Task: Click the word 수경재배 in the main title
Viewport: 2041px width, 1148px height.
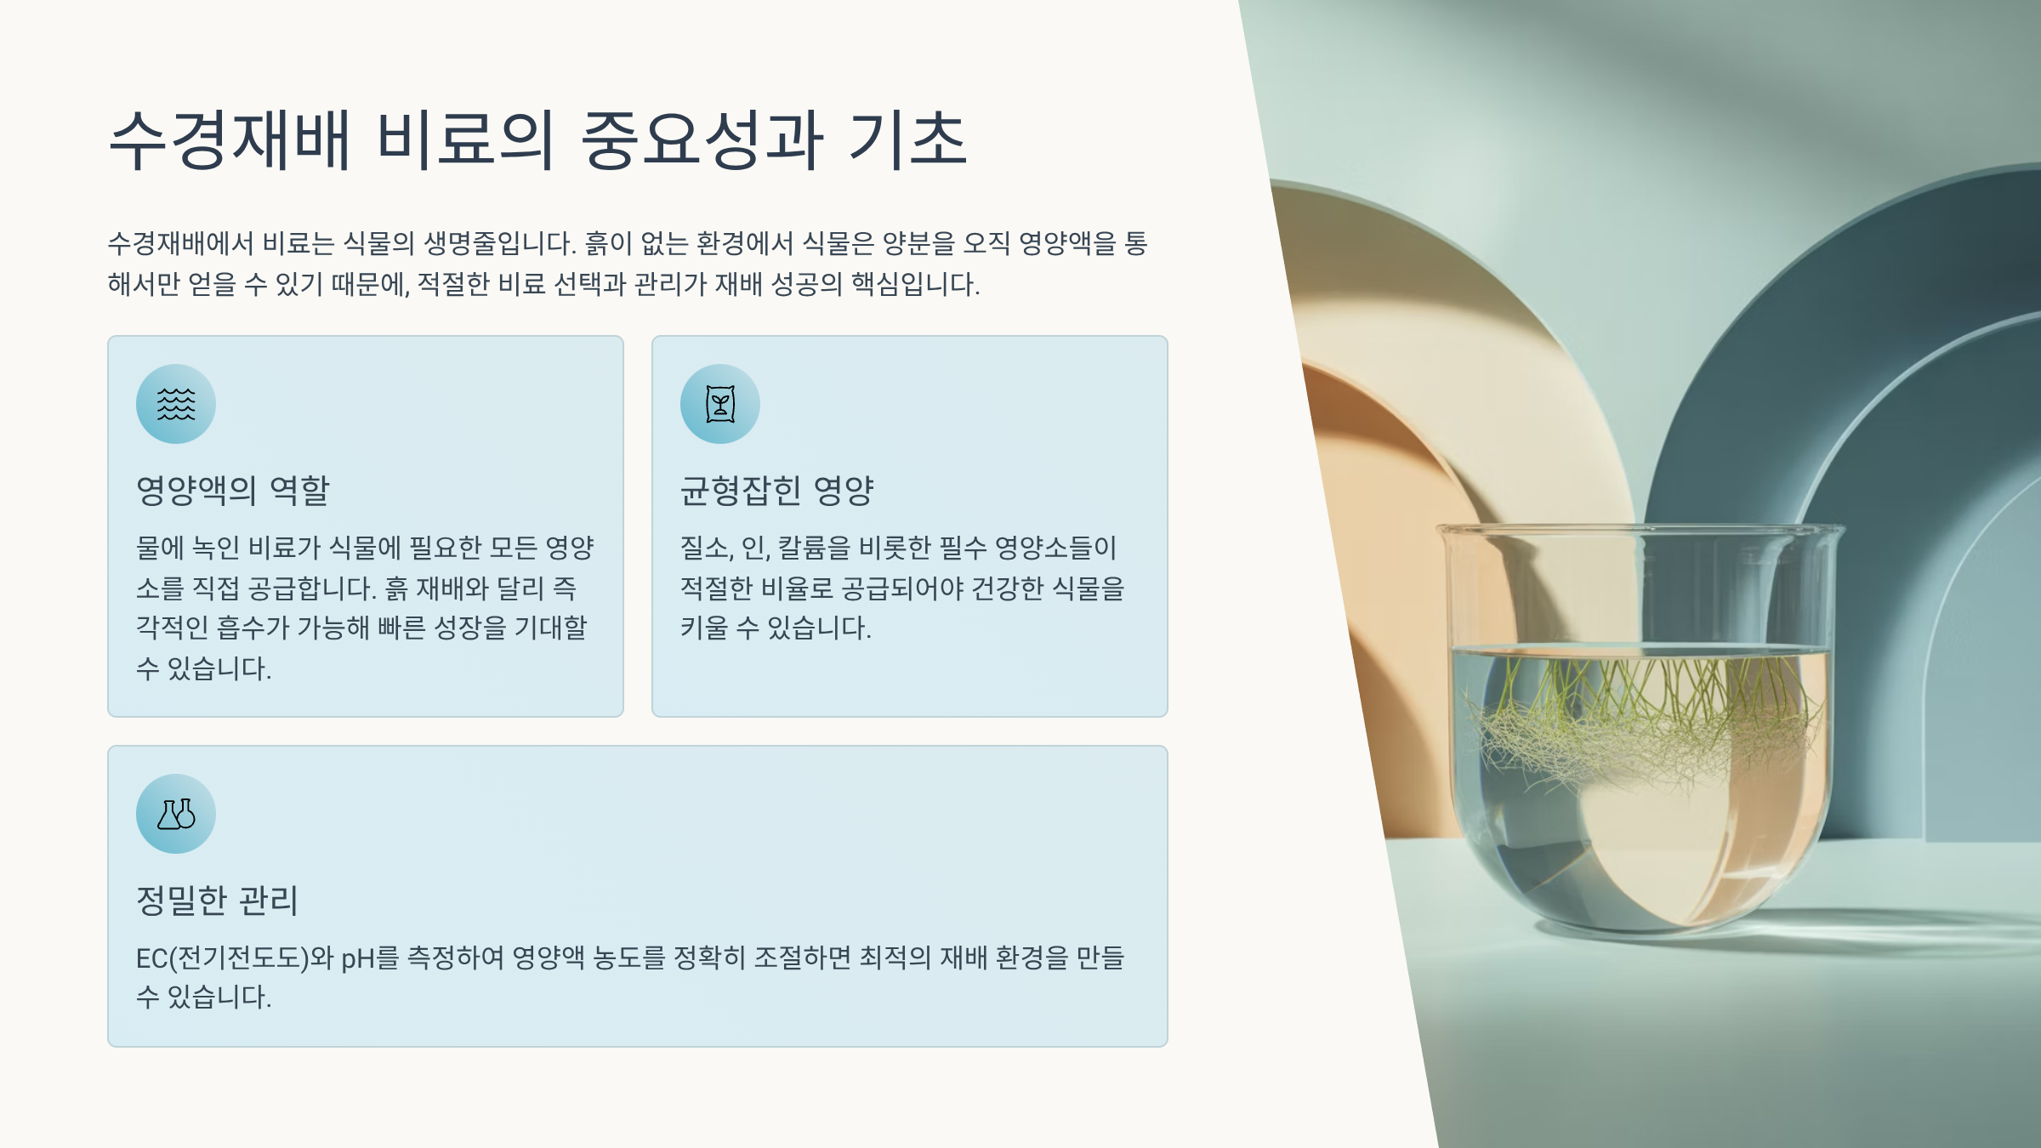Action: coord(230,139)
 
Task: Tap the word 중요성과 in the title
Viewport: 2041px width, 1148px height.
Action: coord(702,139)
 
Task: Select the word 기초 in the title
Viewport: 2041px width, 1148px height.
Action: coord(908,139)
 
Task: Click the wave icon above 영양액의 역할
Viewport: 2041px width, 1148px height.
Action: coord(176,404)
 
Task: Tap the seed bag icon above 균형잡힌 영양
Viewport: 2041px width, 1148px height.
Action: coord(720,404)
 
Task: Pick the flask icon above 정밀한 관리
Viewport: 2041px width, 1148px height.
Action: coord(176,814)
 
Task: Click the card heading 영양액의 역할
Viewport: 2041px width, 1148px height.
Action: coord(233,491)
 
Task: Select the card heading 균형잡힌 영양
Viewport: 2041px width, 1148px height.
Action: coord(777,491)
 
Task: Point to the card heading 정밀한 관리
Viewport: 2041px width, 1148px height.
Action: coord(218,901)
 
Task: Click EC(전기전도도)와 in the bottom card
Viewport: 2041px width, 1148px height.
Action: coord(235,958)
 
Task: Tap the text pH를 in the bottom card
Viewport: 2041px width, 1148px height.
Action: coord(370,958)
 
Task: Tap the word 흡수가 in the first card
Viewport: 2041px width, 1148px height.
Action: coord(253,628)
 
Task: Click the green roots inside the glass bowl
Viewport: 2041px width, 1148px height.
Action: coord(1641,723)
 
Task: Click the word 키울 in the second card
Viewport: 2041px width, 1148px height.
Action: coord(704,628)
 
